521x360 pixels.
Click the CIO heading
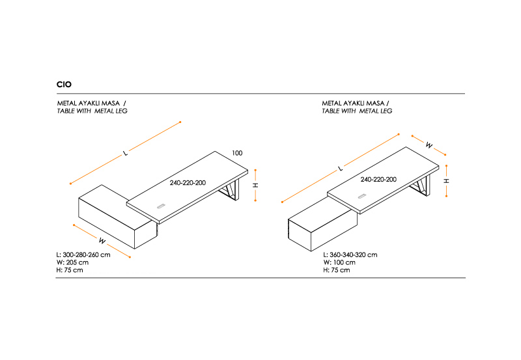[x=64, y=85]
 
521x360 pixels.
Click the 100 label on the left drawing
[x=237, y=153]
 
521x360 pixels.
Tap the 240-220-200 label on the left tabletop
[x=188, y=183]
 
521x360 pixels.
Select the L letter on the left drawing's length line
[x=124, y=154]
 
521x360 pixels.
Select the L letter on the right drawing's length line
[x=339, y=169]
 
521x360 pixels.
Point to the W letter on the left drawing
[x=102, y=240]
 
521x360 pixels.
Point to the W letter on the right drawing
[x=429, y=145]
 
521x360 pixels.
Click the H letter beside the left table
[x=256, y=185]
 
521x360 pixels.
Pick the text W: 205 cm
[x=73, y=262]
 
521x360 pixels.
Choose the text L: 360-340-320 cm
[x=350, y=255]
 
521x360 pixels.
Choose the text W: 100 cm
[x=339, y=262]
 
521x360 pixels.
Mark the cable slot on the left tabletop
[x=160, y=206]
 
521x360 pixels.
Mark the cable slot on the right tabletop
[x=362, y=197]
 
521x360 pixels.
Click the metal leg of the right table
[x=422, y=188]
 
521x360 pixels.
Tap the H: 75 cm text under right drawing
[x=336, y=270]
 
